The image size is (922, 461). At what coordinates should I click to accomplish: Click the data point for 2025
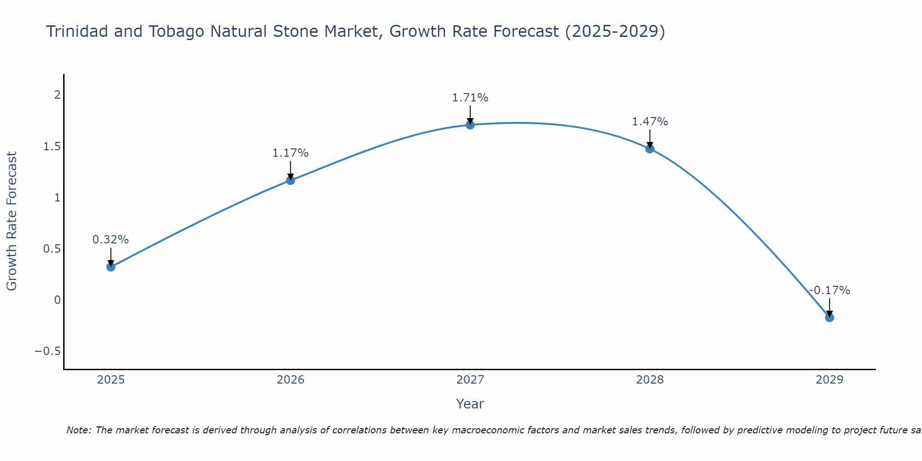[111, 267]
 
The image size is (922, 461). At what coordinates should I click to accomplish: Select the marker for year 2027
[470, 125]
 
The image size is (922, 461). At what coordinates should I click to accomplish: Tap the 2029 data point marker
[829, 318]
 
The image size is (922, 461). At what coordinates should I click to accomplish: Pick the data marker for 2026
[290, 180]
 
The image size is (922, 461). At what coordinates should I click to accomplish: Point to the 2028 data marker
[650, 149]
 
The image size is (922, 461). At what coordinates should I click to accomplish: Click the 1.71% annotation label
[470, 98]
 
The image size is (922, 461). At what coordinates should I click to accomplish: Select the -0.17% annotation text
[829, 290]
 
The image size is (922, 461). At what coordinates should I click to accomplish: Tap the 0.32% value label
[111, 240]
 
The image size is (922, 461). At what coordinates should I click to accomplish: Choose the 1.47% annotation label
[650, 122]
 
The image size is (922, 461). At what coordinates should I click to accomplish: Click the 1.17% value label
[290, 153]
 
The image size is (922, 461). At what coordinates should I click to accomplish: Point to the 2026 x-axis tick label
[290, 380]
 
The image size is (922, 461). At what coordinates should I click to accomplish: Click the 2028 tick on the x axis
[650, 380]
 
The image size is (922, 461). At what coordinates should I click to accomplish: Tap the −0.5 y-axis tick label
[48, 351]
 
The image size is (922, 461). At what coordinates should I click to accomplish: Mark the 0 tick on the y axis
[57, 300]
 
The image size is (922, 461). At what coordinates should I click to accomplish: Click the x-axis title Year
[470, 404]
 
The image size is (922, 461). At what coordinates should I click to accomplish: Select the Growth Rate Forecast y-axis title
[12, 221]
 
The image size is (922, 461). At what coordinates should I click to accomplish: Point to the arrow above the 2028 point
[650, 138]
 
